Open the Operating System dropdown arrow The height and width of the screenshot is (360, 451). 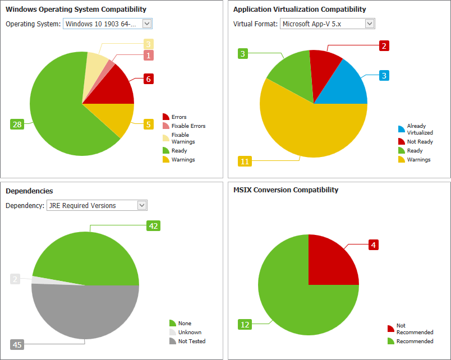(147, 24)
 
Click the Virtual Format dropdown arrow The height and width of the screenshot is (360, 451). (369, 24)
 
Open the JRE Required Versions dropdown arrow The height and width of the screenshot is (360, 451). (141, 205)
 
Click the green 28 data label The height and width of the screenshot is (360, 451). (17, 124)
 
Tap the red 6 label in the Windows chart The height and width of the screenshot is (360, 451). (149, 79)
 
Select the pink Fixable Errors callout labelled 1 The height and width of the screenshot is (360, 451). (149, 55)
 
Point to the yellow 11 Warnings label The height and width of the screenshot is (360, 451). (245, 161)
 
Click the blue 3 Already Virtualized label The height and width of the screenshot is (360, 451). (384, 75)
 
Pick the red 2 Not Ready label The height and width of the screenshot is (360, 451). (384, 46)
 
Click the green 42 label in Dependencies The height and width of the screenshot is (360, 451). (153, 225)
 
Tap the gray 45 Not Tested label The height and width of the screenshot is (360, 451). (17, 344)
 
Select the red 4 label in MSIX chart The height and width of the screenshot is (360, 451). (374, 244)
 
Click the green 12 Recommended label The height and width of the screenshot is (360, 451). (245, 324)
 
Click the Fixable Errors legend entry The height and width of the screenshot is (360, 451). (188, 126)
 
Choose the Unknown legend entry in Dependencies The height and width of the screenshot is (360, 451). (190, 333)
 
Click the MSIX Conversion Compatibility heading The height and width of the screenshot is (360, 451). (286, 190)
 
